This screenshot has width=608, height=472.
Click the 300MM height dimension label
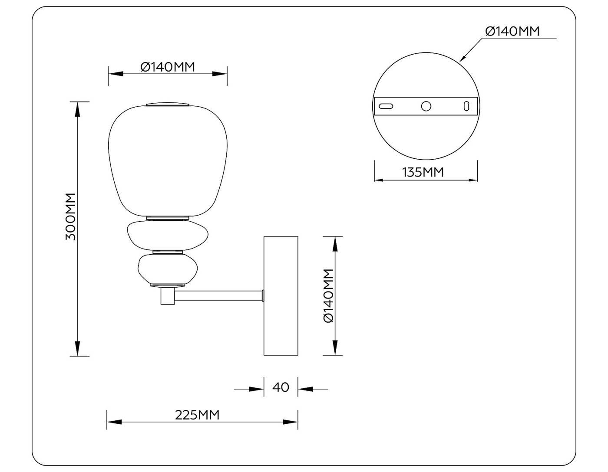(70, 216)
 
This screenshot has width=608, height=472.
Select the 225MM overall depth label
(197, 415)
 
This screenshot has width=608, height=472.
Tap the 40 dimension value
(281, 387)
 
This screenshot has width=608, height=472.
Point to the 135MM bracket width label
(423, 172)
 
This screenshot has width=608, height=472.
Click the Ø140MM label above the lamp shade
(168, 67)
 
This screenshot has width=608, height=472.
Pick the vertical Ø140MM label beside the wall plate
(329, 295)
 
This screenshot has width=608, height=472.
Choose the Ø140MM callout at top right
(512, 31)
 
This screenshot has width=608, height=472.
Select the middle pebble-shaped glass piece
(168, 235)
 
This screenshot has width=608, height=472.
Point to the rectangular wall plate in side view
(281, 295)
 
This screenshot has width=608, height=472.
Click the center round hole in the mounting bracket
(426, 106)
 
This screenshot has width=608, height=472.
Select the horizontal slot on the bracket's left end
(386, 106)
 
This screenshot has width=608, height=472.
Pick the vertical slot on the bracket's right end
(466, 106)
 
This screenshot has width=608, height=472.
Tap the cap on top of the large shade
(168, 104)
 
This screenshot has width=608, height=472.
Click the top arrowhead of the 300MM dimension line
(78, 109)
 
